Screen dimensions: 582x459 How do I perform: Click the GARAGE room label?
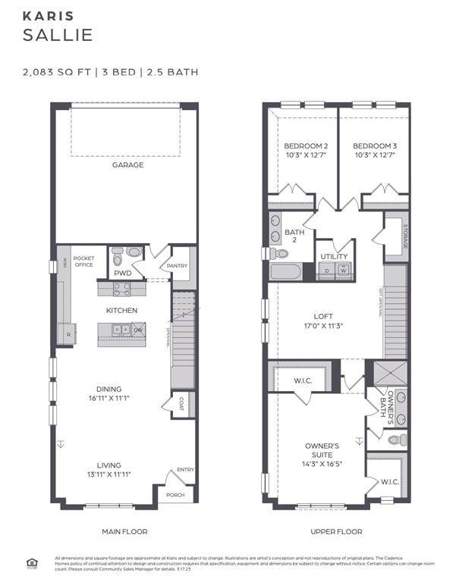click(x=127, y=164)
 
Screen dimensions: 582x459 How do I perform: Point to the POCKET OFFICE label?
click(x=83, y=261)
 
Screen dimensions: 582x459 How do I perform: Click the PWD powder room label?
click(x=123, y=273)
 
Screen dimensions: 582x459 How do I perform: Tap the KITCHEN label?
click(x=121, y=311)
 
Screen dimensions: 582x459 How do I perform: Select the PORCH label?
click(x=176, y=495)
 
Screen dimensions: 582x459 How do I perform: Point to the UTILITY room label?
click(x=334, y=257)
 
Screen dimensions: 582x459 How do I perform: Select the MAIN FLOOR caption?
click(x=124, y=531)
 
